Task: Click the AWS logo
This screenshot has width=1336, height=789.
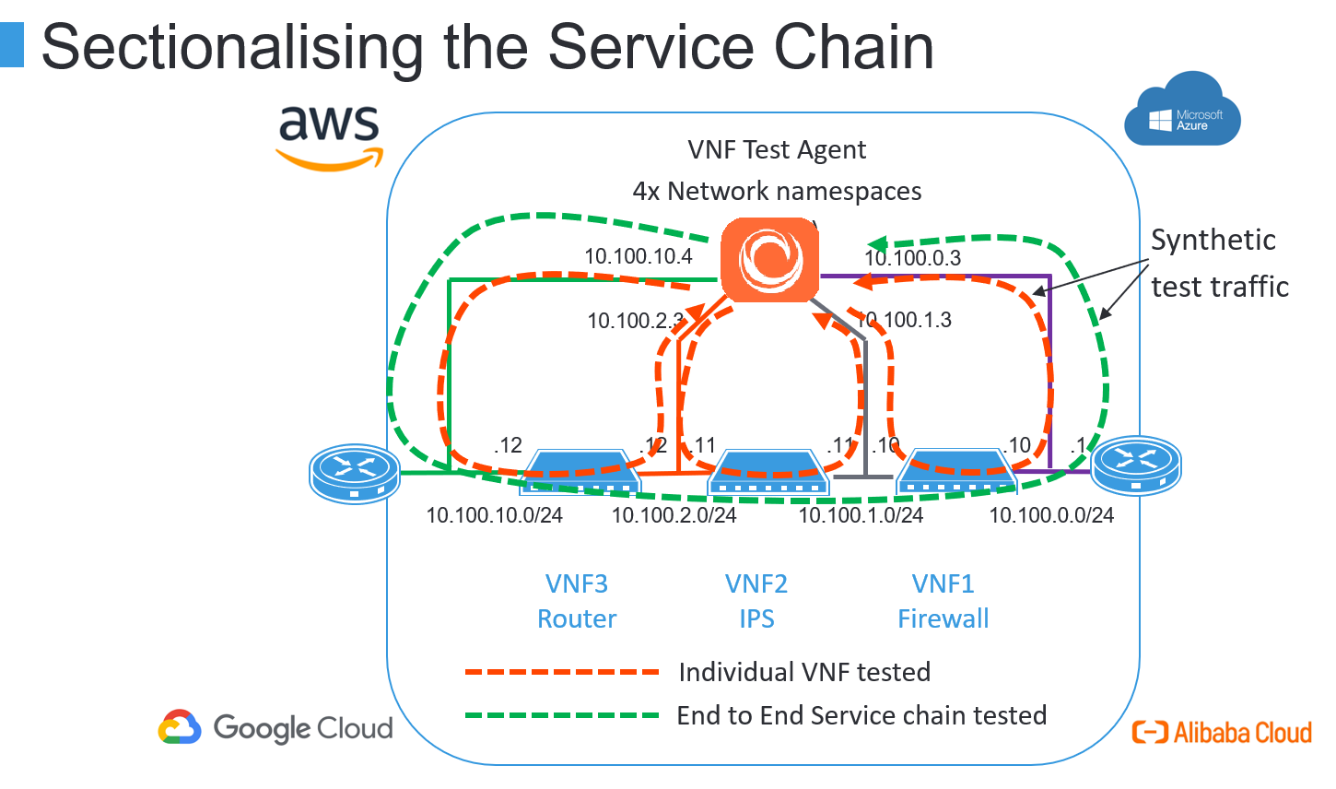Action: click(x=329, y=136)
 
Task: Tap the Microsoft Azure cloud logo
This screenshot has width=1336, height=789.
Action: click(x=1182, y=112)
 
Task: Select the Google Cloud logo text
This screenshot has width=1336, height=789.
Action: click(x=302, y=728)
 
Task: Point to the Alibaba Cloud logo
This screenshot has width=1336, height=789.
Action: click(x=1222, y=732)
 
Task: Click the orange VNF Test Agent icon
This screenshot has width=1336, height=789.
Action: click(x=769, y=260)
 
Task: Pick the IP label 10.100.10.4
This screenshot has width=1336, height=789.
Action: click(x=638, y=256)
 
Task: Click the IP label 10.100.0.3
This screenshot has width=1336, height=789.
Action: click(x=912, y=258)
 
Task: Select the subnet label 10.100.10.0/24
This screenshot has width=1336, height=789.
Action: click(x=494, y=515)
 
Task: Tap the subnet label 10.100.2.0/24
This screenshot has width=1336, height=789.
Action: click(x=674, y=515)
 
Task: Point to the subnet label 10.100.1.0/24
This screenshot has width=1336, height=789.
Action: click(x=861, y=515)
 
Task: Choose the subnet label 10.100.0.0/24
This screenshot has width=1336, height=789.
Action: click(x=1051, y=515)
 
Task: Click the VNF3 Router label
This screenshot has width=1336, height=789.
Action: click(x=577, y=601)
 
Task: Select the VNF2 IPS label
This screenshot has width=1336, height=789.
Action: click(x=756, y=601)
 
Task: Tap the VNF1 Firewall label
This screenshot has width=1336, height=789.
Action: click(x=943, y=601)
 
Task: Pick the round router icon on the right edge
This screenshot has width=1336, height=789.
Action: click(x=1136, y=465)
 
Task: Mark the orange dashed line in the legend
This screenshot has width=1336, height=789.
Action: click(x=562, y=672)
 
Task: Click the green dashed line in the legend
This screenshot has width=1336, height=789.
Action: click(x=562, y=715)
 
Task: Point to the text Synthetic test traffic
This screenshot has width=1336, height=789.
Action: click(x=1218, y=263)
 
